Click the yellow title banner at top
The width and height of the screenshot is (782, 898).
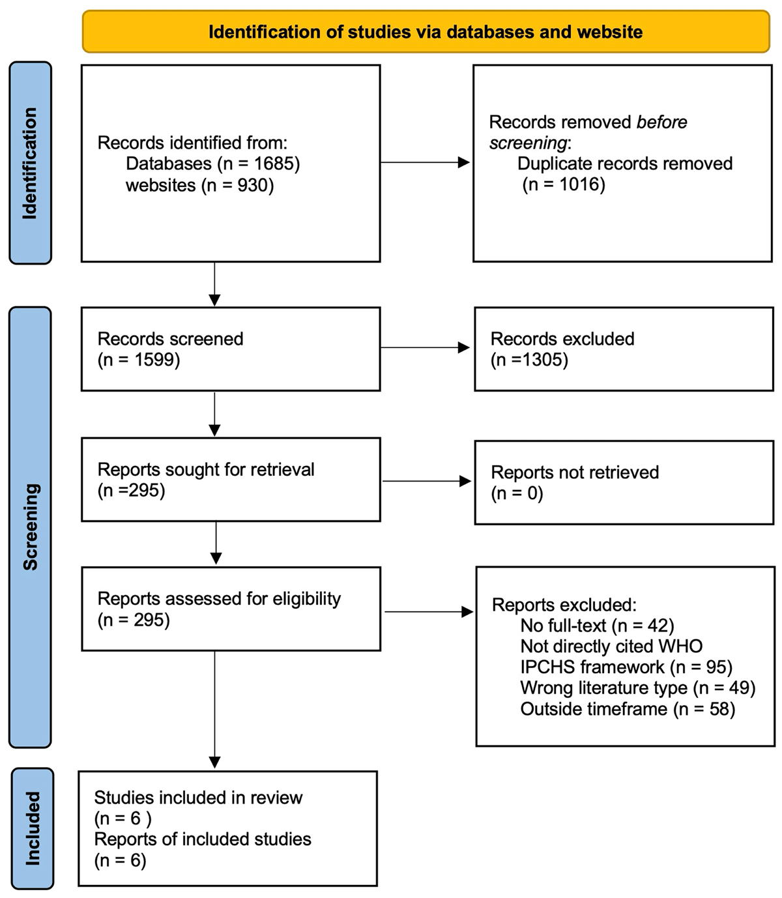[426, 32]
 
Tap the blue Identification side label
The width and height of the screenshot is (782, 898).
[30, 163]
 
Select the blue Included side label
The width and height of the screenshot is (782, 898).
[32, 828]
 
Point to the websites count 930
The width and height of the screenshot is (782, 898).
[253, 186]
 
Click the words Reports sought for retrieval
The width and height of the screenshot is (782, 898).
[206, 469]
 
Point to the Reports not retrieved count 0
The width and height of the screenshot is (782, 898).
[534, 493]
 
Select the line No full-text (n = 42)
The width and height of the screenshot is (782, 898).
[597, 626]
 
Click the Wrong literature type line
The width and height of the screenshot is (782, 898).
[637, 688]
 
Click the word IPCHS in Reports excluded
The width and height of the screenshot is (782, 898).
[547, 667]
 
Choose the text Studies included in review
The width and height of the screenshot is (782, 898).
[198, 798]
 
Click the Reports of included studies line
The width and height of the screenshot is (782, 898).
[203, 839]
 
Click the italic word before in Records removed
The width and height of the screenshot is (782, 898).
[661, 122]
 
